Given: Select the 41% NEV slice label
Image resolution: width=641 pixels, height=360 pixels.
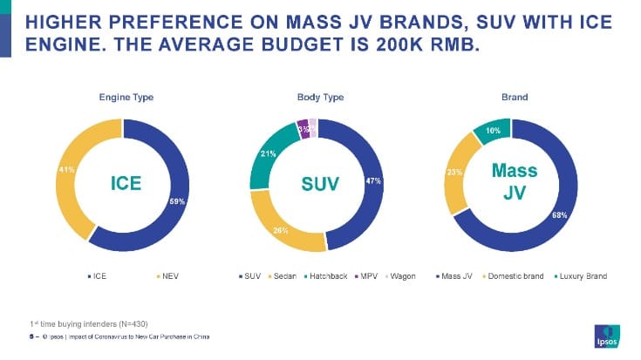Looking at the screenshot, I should click(x=65, y=169).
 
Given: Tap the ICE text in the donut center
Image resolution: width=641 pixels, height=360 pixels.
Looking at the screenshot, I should click(x=124, y=184).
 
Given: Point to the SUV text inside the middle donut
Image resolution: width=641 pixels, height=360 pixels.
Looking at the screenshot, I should click(x=315, y=184).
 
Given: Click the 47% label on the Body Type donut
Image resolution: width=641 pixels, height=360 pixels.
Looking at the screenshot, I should click(x=373, y=180).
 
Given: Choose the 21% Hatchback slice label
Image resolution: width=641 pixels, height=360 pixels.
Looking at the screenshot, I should click(x=269, y=154).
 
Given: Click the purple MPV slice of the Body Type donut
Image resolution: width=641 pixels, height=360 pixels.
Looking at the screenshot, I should click(x=303, y=128).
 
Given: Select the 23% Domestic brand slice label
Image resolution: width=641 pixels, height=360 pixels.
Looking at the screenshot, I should click(x=454, y=173).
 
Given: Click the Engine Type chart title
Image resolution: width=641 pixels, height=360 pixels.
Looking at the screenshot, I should click(x=124, y=97).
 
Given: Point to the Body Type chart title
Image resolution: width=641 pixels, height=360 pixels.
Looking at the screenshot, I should click(x=315, y=97).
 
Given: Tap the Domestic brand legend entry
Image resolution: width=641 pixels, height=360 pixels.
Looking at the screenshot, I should click(x=514, y=276).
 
